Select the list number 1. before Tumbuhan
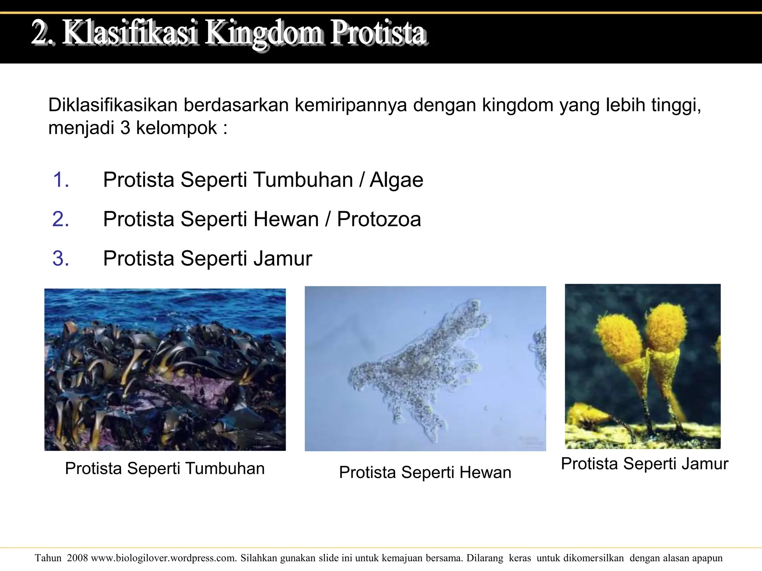pyautogui.click(x=61, y=180)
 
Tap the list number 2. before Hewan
pyautogui.click(x=61, y=219)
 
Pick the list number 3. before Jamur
pyautogui.click(x=61, y=258)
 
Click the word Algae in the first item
pyautogui.click(x=396, y=180)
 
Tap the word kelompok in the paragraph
pyautogui.click(x=176, y=128)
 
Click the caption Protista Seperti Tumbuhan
pyautogui.click(x=165, y=468)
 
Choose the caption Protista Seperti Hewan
pyautogui.click(x=425, y=472)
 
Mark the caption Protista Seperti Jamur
pyautogui.click(x=644, y=464)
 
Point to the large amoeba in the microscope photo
pyautogui.click(x=417, y=368)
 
